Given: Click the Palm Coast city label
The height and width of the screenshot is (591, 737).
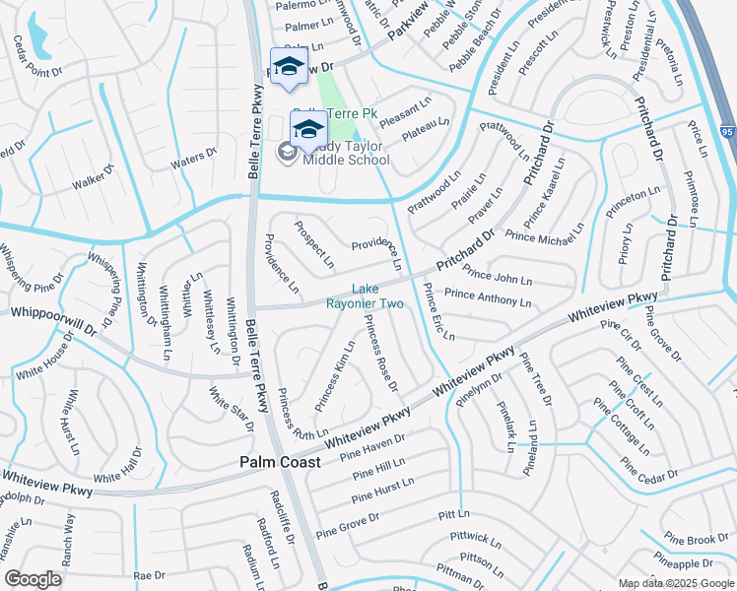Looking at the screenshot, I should pos(273,462).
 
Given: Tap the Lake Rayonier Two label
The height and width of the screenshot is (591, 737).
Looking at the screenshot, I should pos(365,295).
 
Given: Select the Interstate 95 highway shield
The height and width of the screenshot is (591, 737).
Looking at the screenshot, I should pos(728,131).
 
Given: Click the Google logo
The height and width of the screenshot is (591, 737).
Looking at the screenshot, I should pos(33,579).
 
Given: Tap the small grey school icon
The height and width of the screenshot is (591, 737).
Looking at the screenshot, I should pos(287,152).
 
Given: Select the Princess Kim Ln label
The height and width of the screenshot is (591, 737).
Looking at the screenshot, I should pos(335,375).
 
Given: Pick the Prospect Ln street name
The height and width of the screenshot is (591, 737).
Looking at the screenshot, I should pos(314,245).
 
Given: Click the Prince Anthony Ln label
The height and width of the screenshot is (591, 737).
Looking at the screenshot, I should pos(488,298).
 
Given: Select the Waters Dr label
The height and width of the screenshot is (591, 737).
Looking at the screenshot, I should pos(193,158).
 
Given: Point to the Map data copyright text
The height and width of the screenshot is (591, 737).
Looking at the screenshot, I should pos(675,582).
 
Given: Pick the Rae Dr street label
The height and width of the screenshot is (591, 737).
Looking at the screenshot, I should pos(150,575).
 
